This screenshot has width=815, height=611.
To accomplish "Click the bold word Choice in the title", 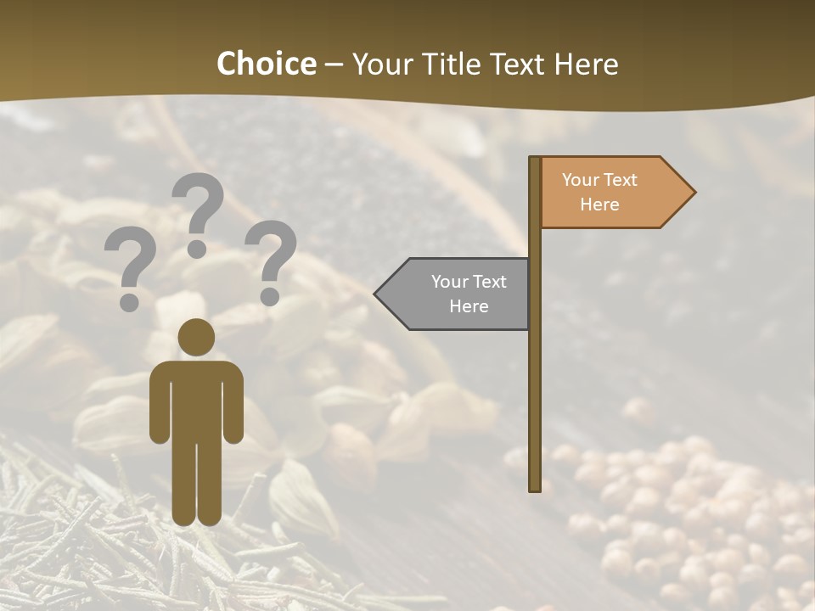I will [266, 64].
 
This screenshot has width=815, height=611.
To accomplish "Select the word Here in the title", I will [586, 64].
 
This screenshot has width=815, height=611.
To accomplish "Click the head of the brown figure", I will [196, 337].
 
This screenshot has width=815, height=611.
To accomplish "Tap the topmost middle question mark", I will [198, 212].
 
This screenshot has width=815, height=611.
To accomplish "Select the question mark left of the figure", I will [130, 270].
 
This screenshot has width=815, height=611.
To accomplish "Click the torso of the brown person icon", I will [196, 399].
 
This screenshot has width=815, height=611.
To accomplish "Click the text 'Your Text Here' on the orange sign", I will [599, 192].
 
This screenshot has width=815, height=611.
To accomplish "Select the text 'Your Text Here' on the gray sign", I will [469, 294].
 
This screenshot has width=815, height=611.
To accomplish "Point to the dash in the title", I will [334, 64].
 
